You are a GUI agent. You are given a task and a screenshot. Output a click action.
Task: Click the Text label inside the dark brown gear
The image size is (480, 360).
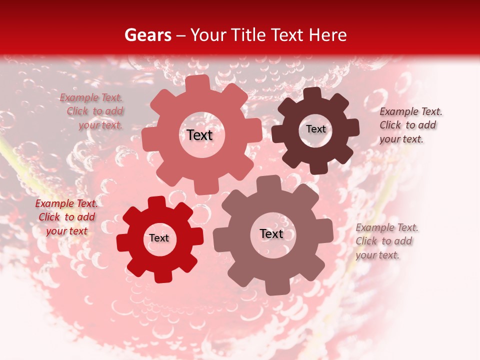315,129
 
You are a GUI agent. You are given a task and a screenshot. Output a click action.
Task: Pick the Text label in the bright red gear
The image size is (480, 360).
159,238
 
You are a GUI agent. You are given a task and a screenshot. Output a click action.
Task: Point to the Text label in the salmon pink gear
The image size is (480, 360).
199,135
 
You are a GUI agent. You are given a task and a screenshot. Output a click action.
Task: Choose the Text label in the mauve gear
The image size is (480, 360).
271,233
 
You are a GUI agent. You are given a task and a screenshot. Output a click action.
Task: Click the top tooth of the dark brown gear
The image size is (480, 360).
312,94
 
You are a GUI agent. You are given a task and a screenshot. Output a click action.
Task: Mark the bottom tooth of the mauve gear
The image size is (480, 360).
277,287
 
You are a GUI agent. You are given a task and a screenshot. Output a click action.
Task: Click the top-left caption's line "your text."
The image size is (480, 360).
100,125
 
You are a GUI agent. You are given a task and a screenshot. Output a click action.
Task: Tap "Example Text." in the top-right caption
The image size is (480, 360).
410,111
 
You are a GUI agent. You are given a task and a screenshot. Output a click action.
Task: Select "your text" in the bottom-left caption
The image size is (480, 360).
66,231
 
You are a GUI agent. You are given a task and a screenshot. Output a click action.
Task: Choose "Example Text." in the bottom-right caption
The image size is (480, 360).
386,227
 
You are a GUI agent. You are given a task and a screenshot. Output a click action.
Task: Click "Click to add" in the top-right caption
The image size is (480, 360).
407,125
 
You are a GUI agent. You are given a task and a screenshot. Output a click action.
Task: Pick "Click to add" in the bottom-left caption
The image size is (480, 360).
66,217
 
